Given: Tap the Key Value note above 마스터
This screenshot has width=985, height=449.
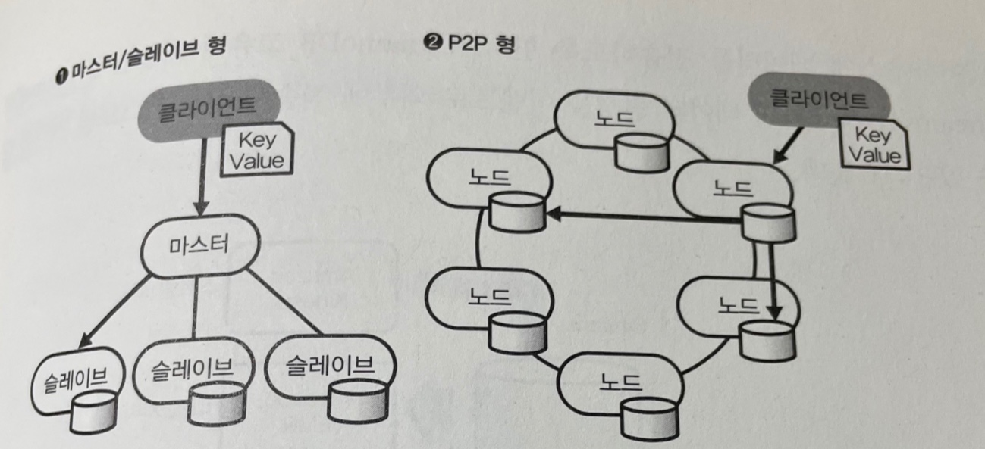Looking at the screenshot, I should coord(256,150).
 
